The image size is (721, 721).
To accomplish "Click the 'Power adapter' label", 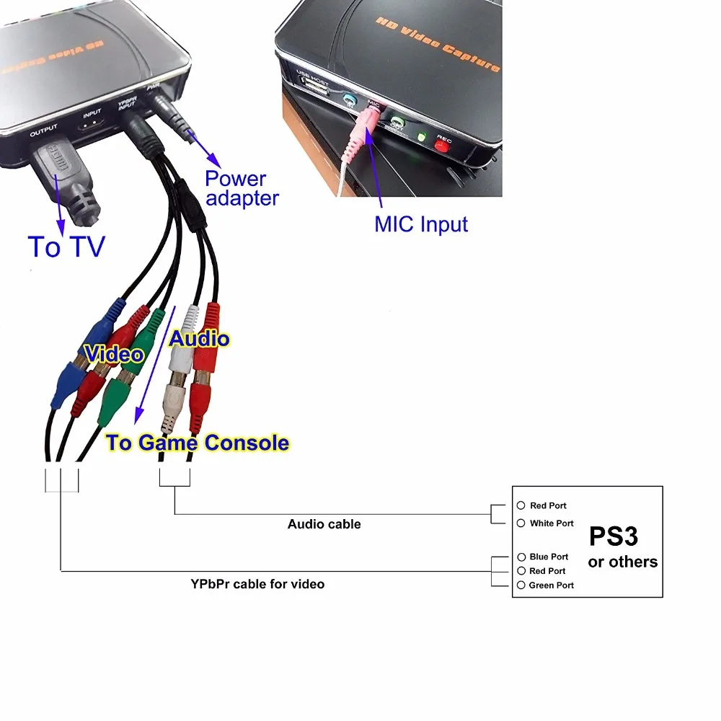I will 241,188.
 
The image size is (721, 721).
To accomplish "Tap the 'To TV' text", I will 66,247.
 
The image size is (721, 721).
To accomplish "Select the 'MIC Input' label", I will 421,224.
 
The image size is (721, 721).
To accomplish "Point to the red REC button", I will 441,146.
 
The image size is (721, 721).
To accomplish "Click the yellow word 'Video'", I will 114,354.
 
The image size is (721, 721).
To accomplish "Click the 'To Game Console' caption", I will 198,443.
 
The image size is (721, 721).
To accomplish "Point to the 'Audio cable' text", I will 324,524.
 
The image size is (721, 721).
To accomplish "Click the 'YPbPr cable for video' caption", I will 257,584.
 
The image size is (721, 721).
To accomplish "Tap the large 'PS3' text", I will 614,536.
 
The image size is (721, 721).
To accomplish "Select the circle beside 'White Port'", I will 521,523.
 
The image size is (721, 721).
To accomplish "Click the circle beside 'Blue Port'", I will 521,557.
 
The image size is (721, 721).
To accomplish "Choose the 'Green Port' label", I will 552,585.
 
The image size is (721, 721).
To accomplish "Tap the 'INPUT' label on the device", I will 92,114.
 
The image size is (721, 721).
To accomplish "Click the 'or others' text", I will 623,562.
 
